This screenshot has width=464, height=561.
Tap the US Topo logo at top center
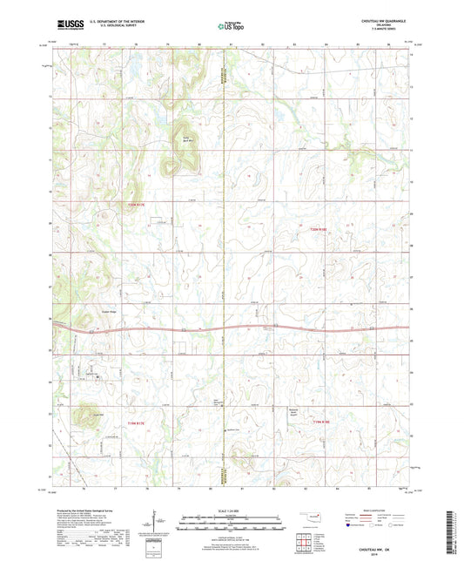click(x=231, y=26)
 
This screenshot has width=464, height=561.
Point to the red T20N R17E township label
click(x=129, y=205)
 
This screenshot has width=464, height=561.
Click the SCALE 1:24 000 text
click(x=230, y=510)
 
